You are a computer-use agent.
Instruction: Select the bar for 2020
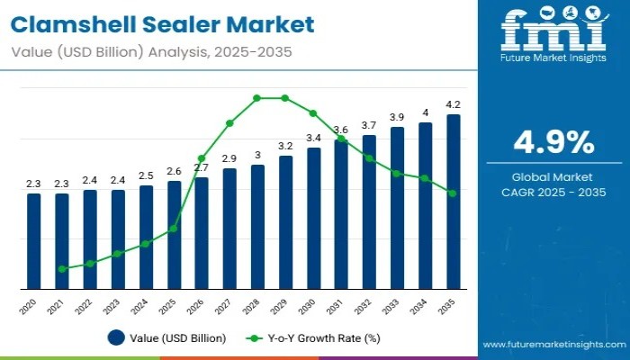(33, 240)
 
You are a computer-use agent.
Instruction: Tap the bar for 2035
(454, 202)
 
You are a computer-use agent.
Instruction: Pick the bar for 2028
(257, 227)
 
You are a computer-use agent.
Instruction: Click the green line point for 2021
(61, 269)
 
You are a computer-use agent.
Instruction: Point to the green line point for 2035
(454, 193)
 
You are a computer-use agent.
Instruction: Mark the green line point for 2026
(202, 158)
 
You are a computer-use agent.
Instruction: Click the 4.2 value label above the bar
(454, 104)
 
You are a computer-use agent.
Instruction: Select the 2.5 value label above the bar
(146, 175)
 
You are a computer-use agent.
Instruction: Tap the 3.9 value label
(397, 117)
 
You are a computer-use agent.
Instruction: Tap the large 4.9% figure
(553, 142)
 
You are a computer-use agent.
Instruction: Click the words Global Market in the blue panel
(553, 176)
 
